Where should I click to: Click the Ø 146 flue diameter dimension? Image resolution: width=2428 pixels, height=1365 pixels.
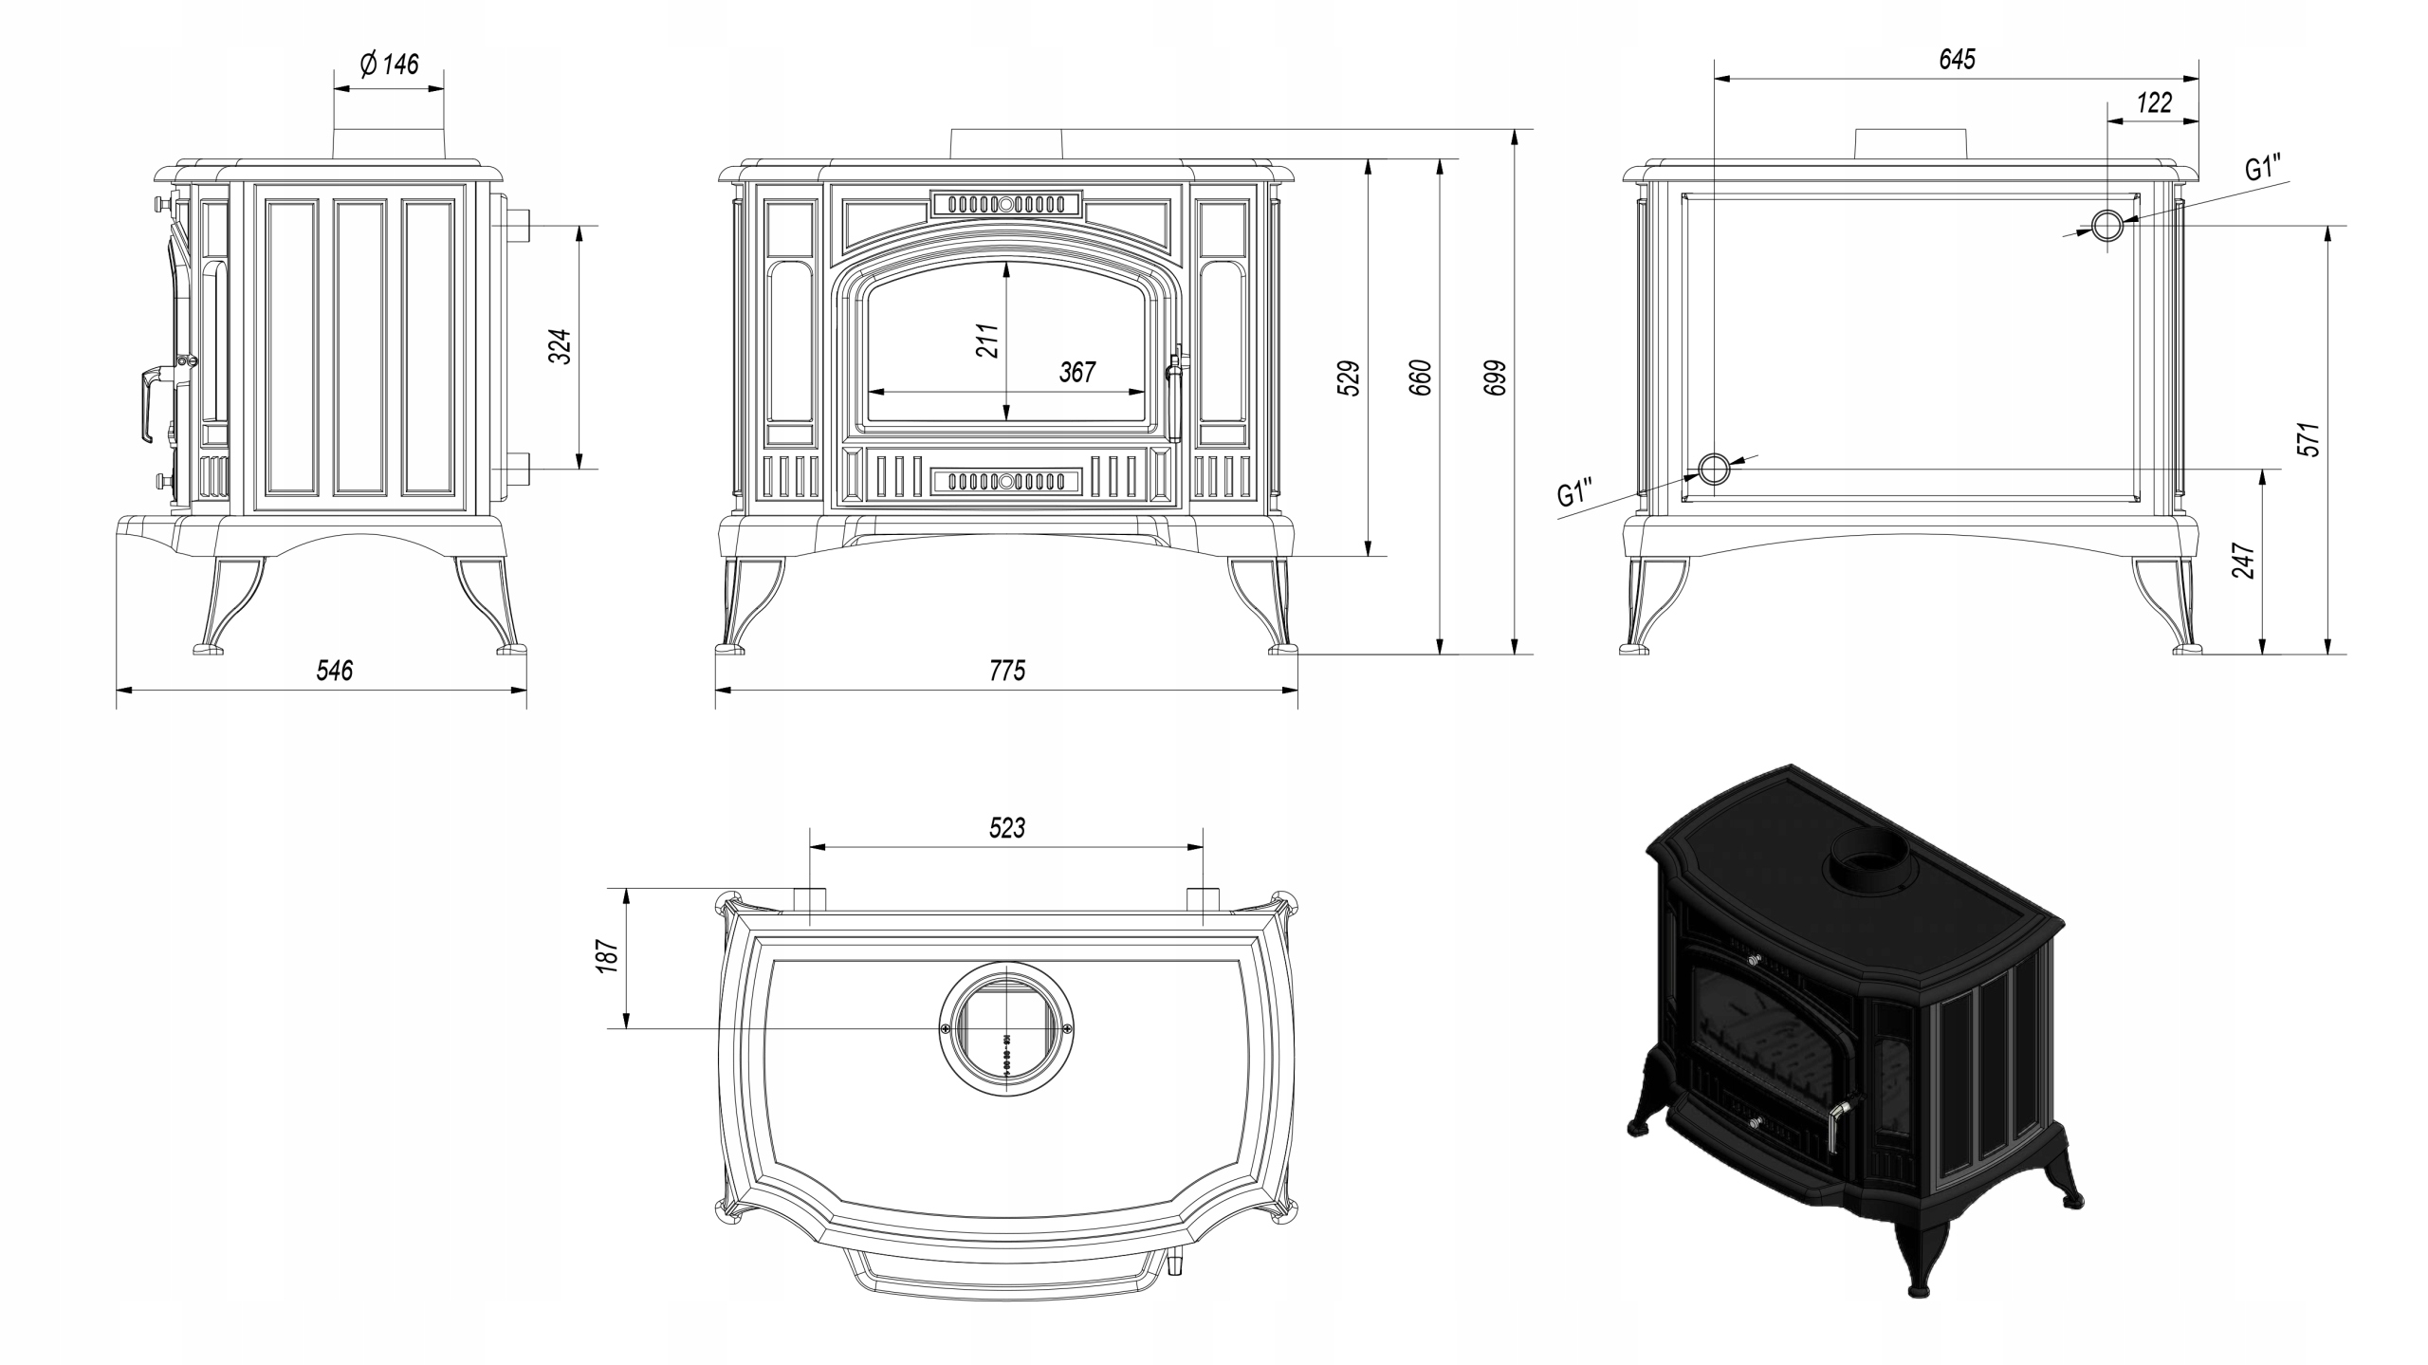coord(390,65)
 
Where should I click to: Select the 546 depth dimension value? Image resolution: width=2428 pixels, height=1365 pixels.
coord(334,672)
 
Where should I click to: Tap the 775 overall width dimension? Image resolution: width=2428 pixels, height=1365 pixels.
coord(1007,672)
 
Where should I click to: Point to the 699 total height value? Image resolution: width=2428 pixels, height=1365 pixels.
coord(1496,378)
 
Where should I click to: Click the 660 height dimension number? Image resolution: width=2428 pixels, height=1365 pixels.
coord(1421,378)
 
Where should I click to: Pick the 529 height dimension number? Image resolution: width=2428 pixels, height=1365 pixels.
coord(1349,378)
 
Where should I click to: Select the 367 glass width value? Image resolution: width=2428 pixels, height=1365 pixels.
coord(1077,372)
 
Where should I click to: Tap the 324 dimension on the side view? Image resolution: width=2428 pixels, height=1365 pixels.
coord(561,347)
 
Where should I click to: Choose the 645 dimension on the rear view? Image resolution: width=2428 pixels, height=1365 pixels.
coord(1957,60)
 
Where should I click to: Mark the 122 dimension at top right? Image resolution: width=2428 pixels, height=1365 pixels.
coord(2154,102)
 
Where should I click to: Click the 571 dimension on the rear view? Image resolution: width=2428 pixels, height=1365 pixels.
coord(2308,439)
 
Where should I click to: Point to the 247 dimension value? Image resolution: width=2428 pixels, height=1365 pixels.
coord(2243,561)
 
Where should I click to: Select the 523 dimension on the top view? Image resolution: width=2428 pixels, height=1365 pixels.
coord(1006,828)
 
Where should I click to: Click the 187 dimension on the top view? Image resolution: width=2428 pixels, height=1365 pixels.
coord(608,956)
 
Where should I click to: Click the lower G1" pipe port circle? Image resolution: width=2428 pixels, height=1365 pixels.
coord(1713,469)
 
